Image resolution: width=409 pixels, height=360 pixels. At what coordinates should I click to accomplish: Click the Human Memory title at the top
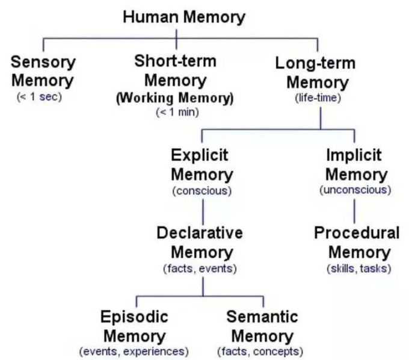pyautogui.click(x=184, y=17)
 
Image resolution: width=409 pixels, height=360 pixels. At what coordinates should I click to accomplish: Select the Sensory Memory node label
pyautogui.click(x=43, y=71)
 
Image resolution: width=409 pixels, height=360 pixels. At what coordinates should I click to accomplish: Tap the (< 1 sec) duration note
pyautogui.click(x=40, y=97)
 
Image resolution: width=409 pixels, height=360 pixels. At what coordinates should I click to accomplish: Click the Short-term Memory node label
pyautogui.click(x=175, y=70)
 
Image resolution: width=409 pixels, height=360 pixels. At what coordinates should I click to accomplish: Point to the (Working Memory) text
pyautogui.click(x=174, y=98)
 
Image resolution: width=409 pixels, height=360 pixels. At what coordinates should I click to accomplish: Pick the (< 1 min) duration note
pyautogui.click(x=175, y=112)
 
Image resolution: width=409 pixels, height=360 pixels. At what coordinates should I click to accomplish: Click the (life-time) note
pyautogui.click(x=318, y=98)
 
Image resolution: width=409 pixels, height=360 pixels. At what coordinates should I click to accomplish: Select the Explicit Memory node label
pyautogui.click(x=202, y=165)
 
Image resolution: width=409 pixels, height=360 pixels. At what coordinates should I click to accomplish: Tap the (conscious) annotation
pyautogui.click(x=201, y=191)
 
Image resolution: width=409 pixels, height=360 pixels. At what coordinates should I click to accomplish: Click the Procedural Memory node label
pyautogui.click(x=357, y=242)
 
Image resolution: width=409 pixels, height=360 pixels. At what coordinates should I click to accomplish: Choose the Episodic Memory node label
pyautogui.click(x=134, y=326)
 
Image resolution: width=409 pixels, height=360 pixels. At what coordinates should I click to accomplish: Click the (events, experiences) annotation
pyautogui.click(x=134, y=351)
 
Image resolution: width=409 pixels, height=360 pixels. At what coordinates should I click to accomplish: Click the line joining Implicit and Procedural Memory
pyautogui.click(x=354, y=209)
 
